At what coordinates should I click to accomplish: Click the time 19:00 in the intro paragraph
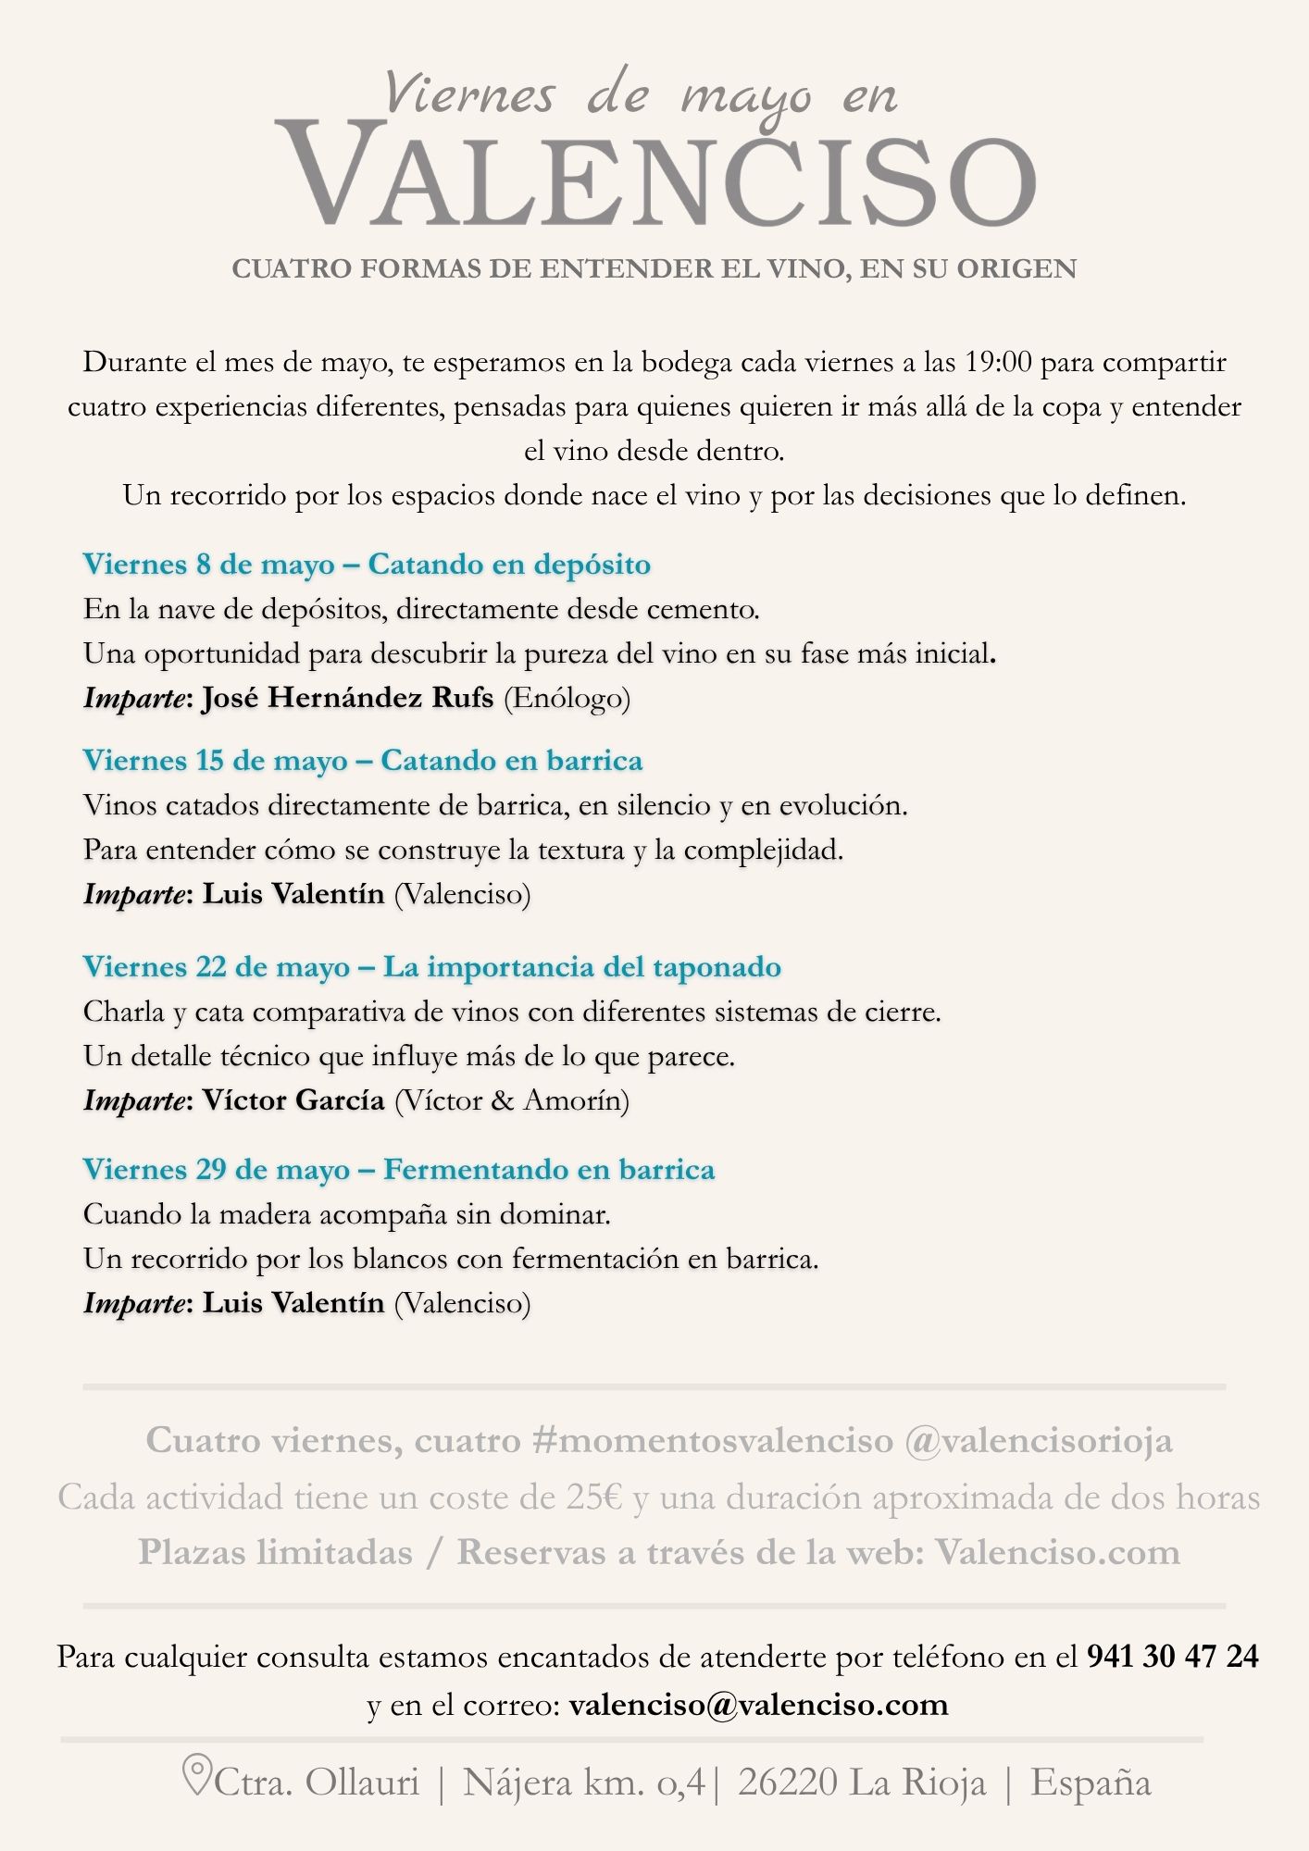point(998,362)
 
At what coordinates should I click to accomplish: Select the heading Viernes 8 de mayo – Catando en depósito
point(367,565)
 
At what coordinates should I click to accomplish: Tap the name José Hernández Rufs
point(347,698)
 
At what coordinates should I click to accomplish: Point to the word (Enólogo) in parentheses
point(567,698)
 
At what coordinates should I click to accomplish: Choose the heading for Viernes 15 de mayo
point(362,761)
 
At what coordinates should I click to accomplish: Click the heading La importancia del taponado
point(582,967)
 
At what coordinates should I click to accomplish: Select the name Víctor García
point(293,1100)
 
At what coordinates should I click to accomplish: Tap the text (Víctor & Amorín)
point(512,1100)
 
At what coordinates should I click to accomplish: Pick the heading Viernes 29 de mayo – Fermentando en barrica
point(399,1170)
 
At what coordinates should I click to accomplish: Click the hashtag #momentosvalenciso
point(713,1441)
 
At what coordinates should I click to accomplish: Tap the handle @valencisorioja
point(1038,1441)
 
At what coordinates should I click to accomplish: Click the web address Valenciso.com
point(1057,1553)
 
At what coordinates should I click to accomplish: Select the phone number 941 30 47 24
point(1172,1657)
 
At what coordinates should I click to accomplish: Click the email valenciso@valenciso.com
point(758,1705)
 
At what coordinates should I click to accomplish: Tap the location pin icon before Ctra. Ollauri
point(196,1775)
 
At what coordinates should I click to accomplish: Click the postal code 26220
point(787,1783)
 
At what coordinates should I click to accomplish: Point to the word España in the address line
point(1091,1783)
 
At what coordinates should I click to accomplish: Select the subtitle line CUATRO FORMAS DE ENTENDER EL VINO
point(654,269)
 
